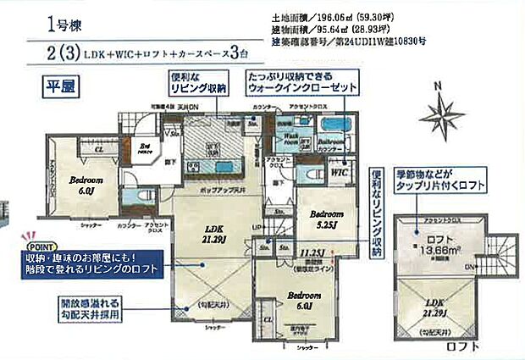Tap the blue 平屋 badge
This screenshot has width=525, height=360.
[x=58, y=83]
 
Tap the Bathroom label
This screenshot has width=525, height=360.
[x=330, y=142]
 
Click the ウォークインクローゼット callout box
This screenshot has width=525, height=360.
[x=301, y=82]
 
